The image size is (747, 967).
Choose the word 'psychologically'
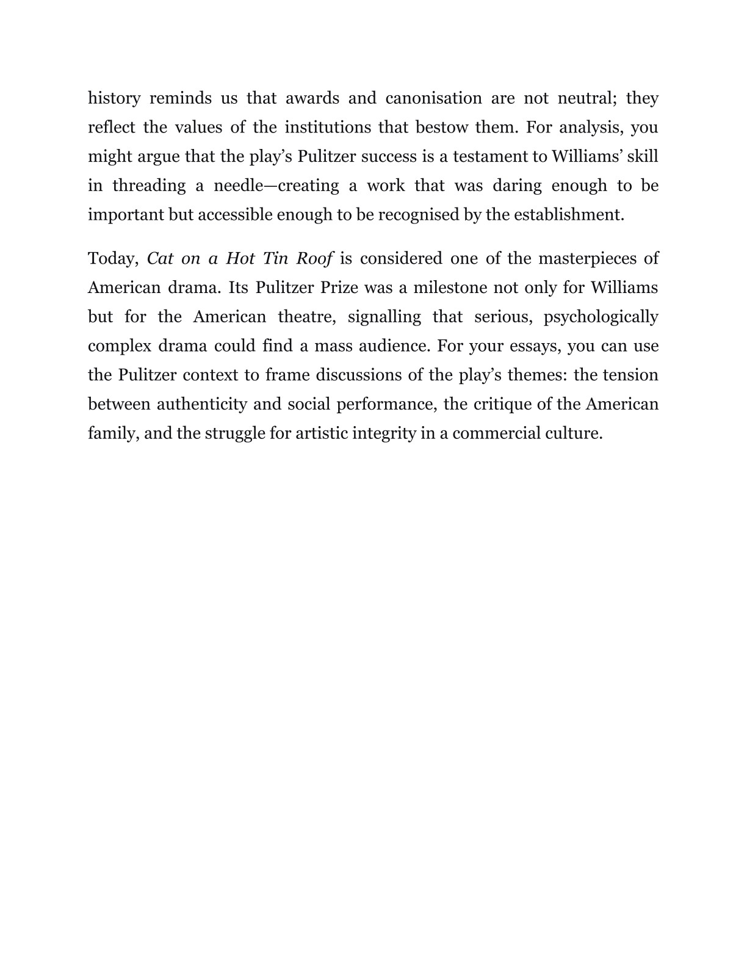(x=601, y=317)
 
